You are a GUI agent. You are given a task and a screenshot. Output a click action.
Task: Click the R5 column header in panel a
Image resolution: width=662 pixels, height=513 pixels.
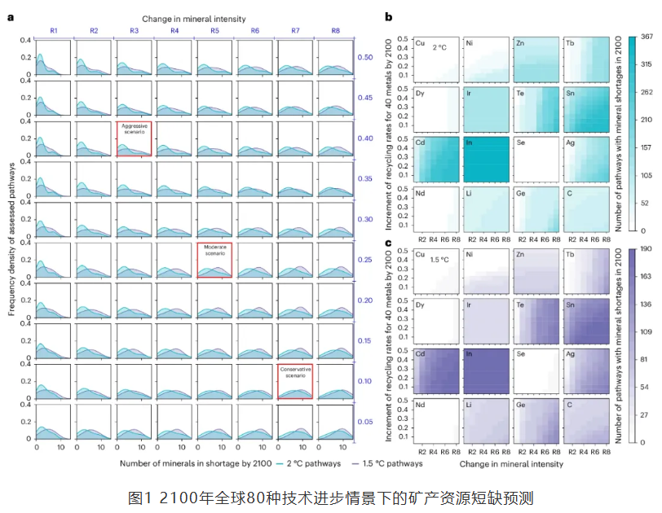click(214, 30)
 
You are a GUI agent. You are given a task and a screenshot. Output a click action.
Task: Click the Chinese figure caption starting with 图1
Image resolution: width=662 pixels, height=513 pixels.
click(331, 496)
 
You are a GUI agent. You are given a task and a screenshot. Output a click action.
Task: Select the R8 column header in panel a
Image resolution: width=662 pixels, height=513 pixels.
click(335, 30)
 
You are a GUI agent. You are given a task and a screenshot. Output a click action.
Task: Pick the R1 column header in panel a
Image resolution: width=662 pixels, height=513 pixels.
click(54, 30)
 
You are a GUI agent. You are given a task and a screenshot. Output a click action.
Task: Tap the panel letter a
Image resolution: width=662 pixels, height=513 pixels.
click(10, 17)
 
